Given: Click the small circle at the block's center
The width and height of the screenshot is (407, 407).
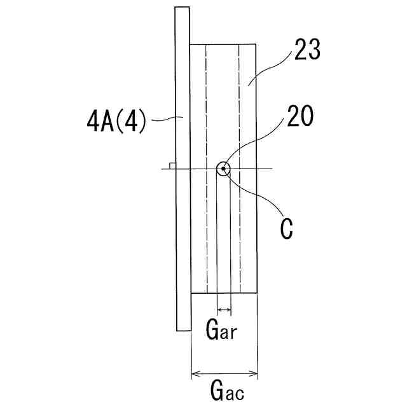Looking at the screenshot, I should [x=223, y=169].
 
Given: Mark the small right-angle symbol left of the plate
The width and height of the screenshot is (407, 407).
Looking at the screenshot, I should [x=172, y=165].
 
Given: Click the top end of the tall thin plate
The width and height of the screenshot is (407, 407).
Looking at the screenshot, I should [x=183, y=10].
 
